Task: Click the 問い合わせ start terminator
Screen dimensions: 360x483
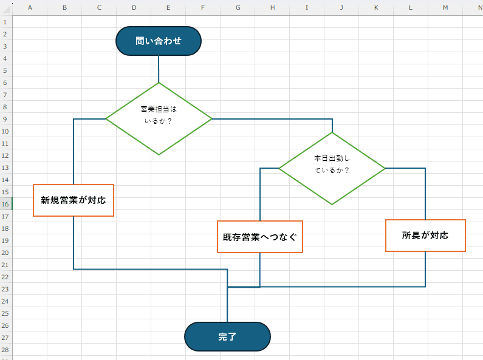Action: (x=158, y=41)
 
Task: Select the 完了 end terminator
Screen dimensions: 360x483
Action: (x=227, y=336)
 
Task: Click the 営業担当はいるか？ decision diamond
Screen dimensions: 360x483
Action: (x=159, y=118)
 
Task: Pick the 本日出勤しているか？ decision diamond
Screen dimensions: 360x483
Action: (x=332, y=168)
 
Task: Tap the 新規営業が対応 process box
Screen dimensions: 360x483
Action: (x=74, y=200)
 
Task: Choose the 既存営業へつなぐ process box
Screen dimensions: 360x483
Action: (x=260, y=236)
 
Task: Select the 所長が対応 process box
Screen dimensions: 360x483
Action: (x=425, y=235)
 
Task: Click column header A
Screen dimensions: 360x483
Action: (x=30, y=7)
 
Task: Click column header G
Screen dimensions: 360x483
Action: (x=238, y=7)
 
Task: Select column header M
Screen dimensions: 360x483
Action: (x=445, y=7)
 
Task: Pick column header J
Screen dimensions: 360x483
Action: (x=341, y=7)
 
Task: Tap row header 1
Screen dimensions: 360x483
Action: (x=5, y=22)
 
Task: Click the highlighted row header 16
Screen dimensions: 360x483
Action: (x=5, y=204)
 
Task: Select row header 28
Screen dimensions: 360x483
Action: (x=5, y=350)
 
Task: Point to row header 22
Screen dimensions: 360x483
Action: (x=5, y=277)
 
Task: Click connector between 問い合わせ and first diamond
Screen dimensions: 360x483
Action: (x=159, y=69)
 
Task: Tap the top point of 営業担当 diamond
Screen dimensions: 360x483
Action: (x=159, y=83)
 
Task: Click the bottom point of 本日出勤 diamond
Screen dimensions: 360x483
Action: (x=332, y=204)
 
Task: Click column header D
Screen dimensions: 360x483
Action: (x=134, y=7)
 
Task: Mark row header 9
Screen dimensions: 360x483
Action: (x=5, y=119)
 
